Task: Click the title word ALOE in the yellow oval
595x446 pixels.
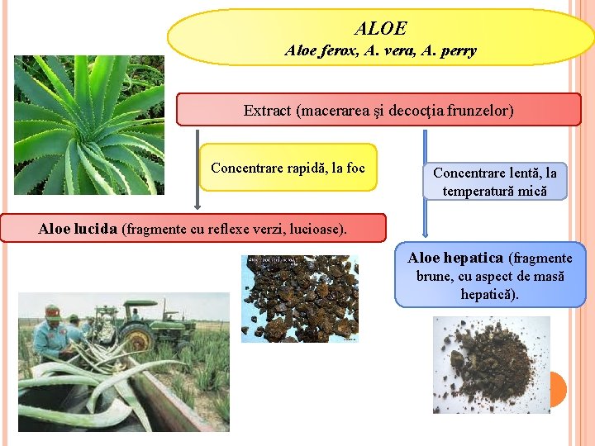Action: tap(380, 29)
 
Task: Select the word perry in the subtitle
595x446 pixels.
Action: tap(458, 51)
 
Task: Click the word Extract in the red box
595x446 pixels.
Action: tap(266, 110)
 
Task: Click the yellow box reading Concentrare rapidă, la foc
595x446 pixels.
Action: tap(288, 168)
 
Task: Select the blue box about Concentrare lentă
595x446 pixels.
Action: tap(495, 182)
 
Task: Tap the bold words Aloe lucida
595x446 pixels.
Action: tap(78, 229)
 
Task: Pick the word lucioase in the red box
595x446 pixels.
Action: tap(318, 229)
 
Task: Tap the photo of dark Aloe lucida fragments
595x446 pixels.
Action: tap(300, 298)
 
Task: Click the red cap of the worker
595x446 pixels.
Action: tap(53, 312)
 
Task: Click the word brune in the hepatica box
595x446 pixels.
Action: tap(435, 276)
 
